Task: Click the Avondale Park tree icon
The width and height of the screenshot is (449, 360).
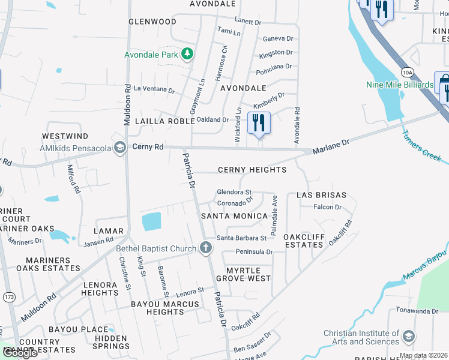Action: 187,55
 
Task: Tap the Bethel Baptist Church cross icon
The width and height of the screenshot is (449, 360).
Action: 206,248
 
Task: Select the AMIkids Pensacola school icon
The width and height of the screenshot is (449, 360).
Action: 121,148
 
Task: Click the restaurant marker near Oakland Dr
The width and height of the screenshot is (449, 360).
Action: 259,123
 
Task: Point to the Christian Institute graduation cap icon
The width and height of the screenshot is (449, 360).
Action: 409,335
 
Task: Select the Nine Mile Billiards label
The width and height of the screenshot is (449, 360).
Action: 399,85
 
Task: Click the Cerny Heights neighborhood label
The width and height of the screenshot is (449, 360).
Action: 252,170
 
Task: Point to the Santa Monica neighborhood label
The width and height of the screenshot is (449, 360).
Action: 234,216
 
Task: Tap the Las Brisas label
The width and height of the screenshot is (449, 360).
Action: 321,196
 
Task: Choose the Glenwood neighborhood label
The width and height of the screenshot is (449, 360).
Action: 152,22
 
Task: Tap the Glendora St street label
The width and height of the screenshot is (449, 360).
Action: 234,192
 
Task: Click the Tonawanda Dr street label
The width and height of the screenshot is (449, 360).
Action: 417,311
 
